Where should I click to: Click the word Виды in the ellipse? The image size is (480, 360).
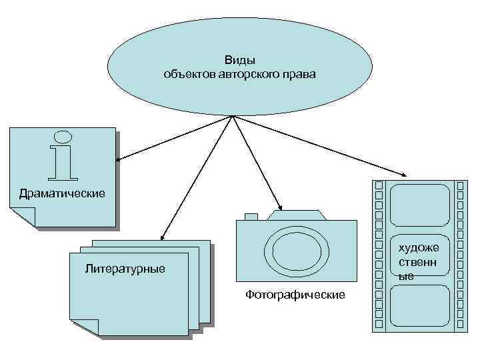coord(240,60)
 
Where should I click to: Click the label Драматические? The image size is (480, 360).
coord(63,194)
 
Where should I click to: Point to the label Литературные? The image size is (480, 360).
coord(125,269)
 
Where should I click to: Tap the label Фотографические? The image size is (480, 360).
coord(295,294)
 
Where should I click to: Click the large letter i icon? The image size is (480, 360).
coord(63,155)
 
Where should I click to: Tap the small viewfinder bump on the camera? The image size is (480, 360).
coord(251,216)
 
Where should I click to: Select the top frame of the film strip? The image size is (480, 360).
coord(420,205)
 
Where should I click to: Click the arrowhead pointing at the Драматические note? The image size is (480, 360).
coord(118,159)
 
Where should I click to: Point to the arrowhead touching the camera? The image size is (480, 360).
coord(281,208)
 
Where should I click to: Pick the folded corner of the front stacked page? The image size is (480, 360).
coord(85,327)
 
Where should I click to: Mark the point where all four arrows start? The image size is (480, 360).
coord(233,116)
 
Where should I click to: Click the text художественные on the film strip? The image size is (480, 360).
coord(418,261)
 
